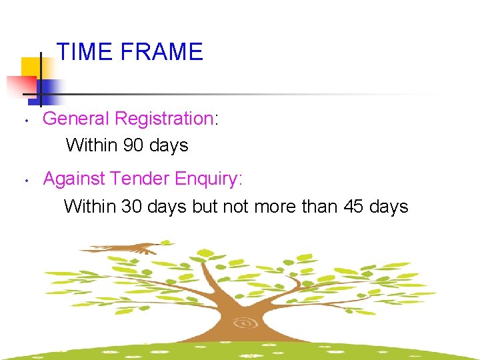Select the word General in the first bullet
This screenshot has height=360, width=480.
click(x=75, y=119)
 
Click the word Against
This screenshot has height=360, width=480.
click(x=75, y=179)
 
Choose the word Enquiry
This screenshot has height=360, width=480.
click(x=207, y=179)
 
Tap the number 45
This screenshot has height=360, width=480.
click(x=353, y=207)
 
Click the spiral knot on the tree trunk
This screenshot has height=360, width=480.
click(x=245, y=323)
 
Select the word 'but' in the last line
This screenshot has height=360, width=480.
click(x=205, y=207)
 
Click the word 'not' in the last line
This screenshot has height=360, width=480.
click(x=235, y=207)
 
